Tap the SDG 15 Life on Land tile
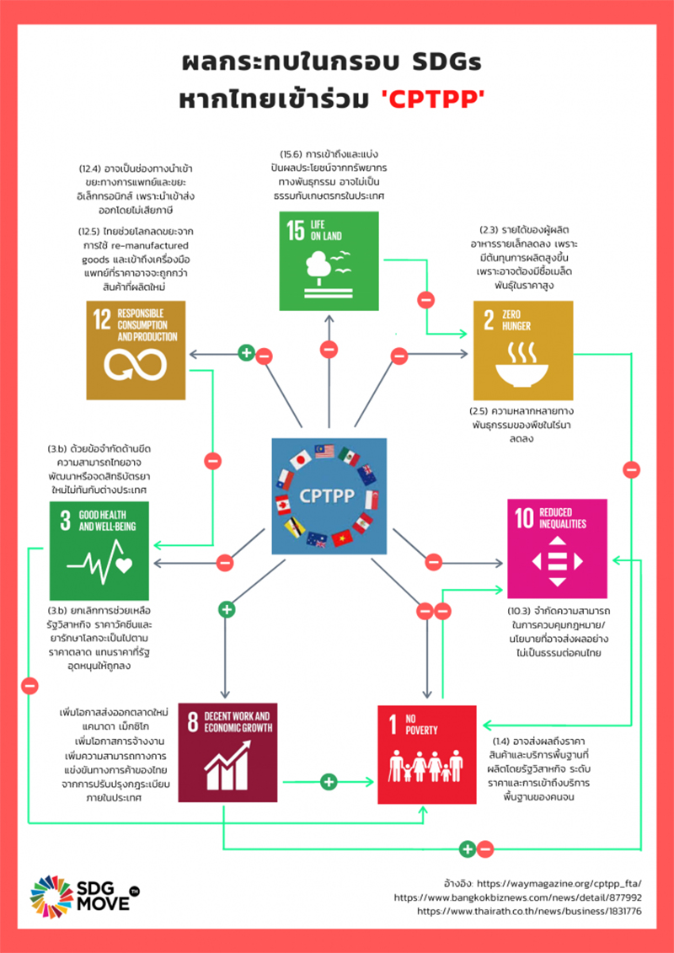(x=329, y=260)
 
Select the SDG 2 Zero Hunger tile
(x=523, y=351)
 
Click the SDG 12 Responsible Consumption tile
(x=136, y=351)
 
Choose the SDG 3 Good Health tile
(x=99, y=550)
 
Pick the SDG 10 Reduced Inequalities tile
(x=557, y=549)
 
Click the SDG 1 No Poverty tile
(x=427, y=754)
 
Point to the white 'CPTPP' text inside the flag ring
(x=329, y=495)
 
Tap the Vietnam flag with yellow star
(x=341, y=538)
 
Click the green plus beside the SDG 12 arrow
(x=246, y=352)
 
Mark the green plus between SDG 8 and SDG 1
(x=329, y=780)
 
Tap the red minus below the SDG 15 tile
(x=329, y=350)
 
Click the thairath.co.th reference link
(x=528, y=911)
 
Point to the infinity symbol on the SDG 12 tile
(x=135, y=365)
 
